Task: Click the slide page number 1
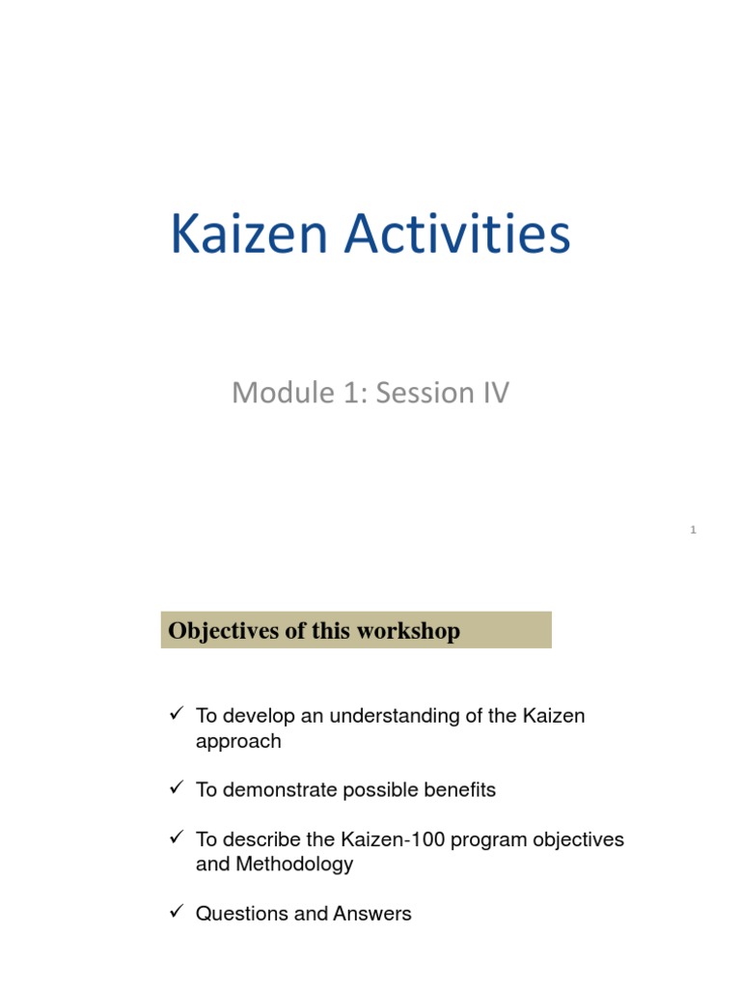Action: click(693, 530)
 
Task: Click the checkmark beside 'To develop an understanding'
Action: click(176, 715)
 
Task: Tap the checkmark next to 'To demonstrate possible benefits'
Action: click(176, 789)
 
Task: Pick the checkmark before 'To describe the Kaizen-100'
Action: click(176, 838)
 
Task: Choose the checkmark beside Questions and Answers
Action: click(176, 913)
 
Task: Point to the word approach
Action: click(238, 742)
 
